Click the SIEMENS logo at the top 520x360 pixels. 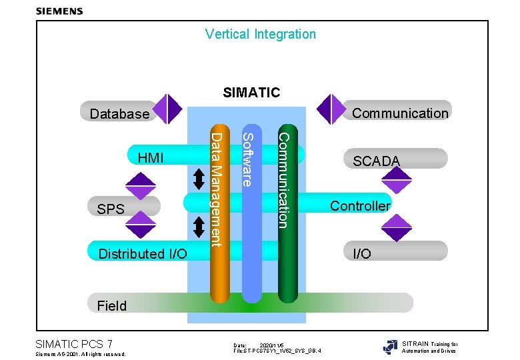(59, 11)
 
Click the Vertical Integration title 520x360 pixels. (260, 34)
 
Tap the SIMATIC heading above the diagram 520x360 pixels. (251, 92)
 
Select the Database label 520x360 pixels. (120, 114)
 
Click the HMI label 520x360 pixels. (150, 158)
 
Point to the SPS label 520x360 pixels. (111, 209)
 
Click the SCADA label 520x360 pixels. (377, 161)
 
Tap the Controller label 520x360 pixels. (361, 205)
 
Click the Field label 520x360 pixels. (111, 306)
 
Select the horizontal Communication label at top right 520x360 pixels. (400, 113)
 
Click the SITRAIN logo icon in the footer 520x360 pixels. (390, 347)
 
